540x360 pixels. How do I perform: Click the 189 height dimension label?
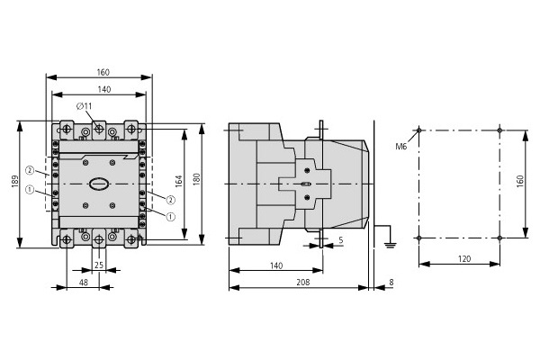pyautogui.click(x=14, y=182)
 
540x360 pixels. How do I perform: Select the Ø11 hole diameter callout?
pyautogui.click(x=84, y=106)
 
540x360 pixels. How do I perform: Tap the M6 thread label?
pyautogui.click(x=400, y=147)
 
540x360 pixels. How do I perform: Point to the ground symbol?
pyautogui.click(x=390, y=246)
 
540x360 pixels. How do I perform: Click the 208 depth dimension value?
pyautogui.click(x=303, y=282)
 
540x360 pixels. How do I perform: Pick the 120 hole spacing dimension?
pyautogui.click(x=464, y=258)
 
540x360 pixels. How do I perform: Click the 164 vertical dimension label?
pyautogui.click(x=179, y=182)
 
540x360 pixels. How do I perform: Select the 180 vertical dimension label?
pyautogui.click(x=196, y=179)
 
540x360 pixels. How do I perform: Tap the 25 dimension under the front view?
pyautogui.click(x=99, y=265)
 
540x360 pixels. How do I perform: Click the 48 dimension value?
pyautogui.click(x=84, y=282)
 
